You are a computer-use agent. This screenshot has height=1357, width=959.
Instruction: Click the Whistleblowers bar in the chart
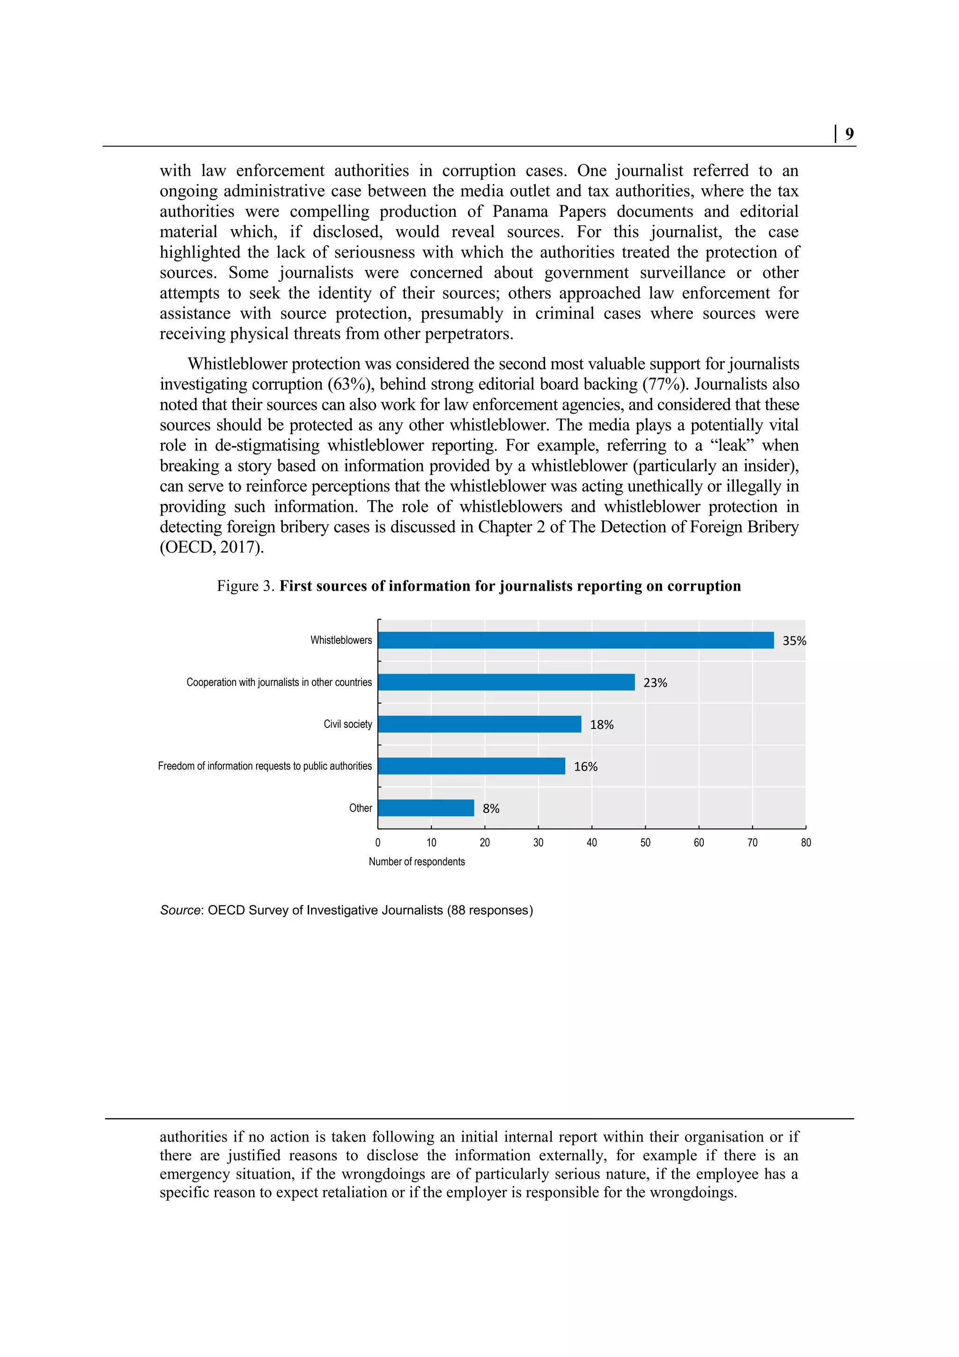575,640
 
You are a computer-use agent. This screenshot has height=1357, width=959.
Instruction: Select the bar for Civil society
479,724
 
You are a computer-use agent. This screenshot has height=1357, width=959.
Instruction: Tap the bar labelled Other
426,808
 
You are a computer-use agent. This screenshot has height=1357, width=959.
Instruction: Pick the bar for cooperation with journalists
506,682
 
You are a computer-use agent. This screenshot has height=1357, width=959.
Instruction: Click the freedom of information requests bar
471,766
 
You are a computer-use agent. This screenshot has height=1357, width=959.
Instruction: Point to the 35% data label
794,641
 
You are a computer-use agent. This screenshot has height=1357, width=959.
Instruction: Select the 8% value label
490,808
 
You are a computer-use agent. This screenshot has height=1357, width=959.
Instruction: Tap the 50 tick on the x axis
645,843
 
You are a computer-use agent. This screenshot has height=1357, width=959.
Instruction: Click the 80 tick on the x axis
805,843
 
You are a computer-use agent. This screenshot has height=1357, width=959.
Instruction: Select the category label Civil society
347,724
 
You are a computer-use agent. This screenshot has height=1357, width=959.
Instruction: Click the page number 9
849,134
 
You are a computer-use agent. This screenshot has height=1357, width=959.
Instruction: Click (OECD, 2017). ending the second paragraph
212,547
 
